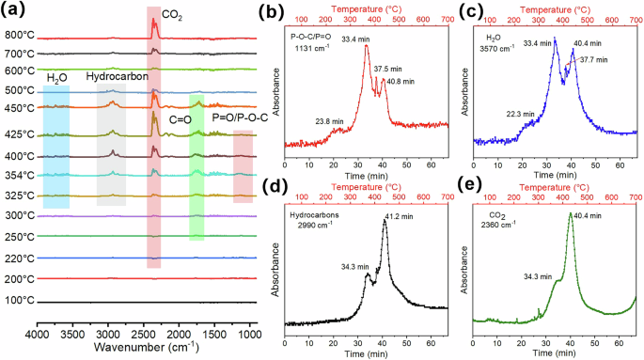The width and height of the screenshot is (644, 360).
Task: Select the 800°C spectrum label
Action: point(18,36)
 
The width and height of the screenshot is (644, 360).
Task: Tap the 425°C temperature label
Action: point(18,134)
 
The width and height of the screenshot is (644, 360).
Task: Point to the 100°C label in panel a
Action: point(18,300)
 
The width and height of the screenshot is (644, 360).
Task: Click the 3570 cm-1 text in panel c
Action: point(495,55)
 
